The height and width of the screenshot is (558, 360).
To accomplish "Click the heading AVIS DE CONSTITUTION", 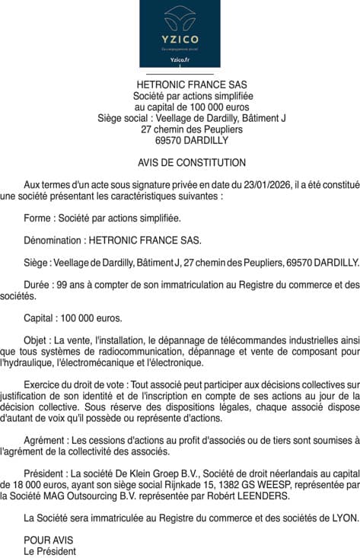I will [x=192, y=163].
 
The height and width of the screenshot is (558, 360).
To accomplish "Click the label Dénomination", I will [x=53, y=240].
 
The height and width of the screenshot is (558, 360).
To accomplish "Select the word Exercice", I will [x=43, y=385].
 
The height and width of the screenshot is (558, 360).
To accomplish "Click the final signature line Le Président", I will [x=50, y=551].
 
